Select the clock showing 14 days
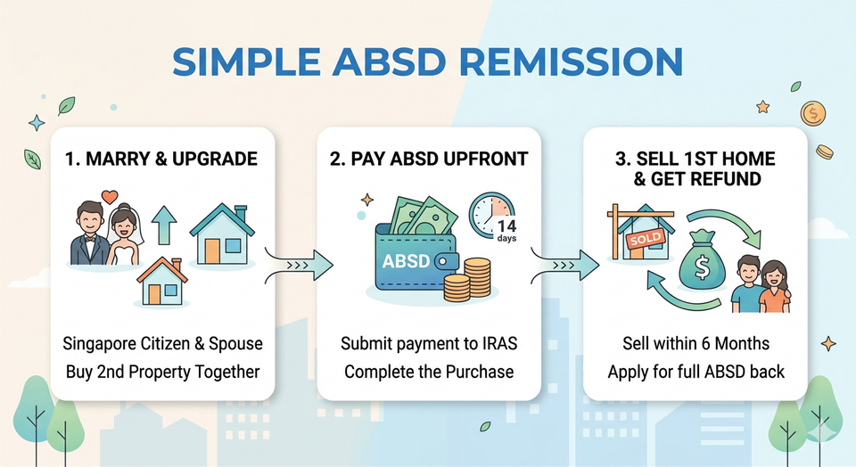click(495, 218)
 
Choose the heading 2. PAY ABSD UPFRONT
click(429, 160)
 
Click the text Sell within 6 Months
click(695, 344)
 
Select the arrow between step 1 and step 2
click(300, 263)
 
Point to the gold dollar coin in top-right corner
click(812, 113)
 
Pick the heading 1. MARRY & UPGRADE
click(161, 160)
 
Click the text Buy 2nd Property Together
click(161, 371)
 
